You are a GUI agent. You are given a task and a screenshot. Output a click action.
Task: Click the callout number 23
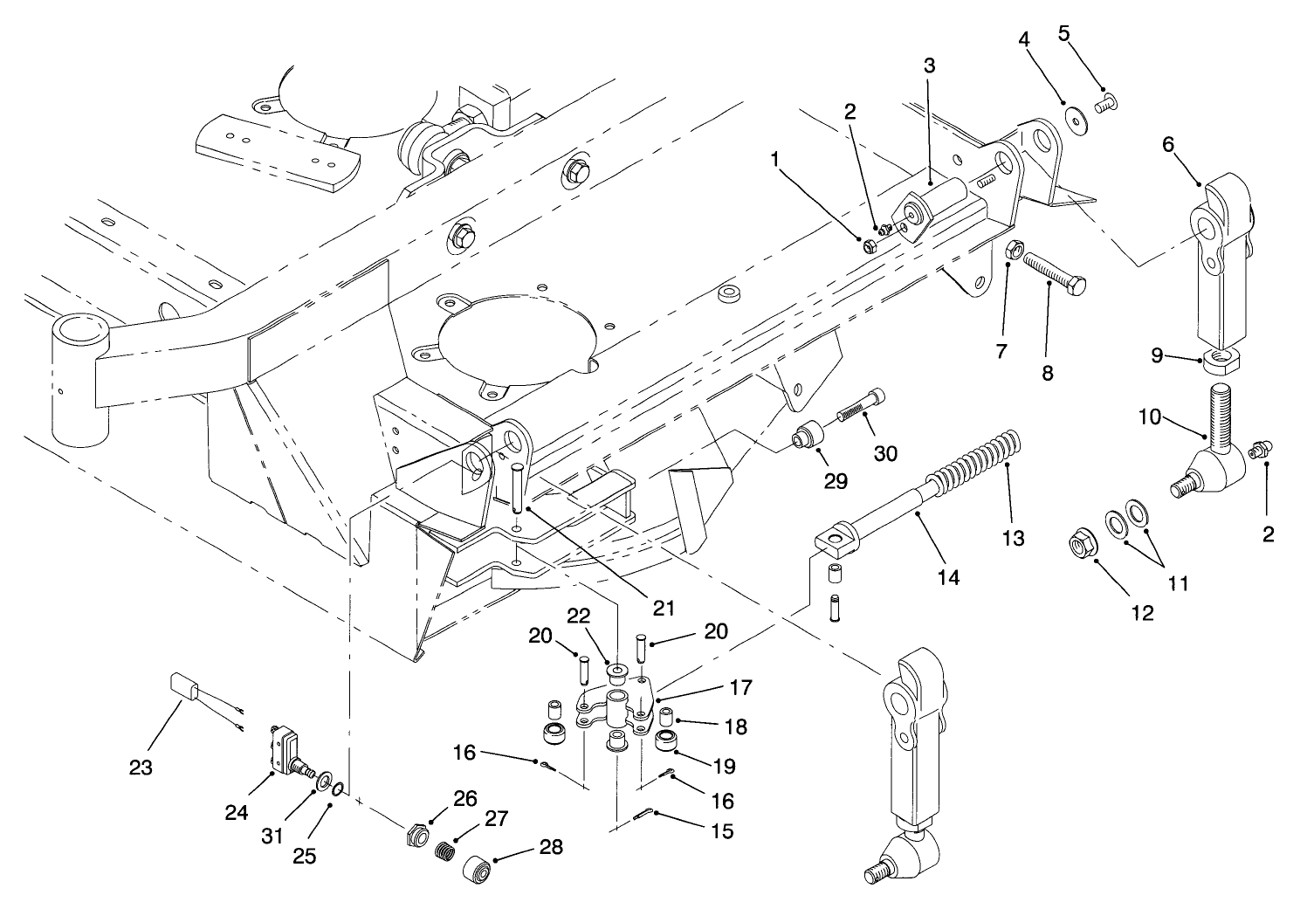tap(141, 768)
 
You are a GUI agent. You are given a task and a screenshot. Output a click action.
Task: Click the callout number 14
tap(948, 577)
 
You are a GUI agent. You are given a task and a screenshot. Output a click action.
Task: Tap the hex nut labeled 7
tap(1015, 251)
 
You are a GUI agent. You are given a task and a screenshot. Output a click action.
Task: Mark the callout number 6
tap(1167, 146)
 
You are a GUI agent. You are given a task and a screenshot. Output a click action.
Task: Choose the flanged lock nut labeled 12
tap(1082, 547)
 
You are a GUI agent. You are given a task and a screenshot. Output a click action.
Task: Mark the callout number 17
tap(740, 687)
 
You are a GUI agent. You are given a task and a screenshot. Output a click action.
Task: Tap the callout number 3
tap(929, 65)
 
